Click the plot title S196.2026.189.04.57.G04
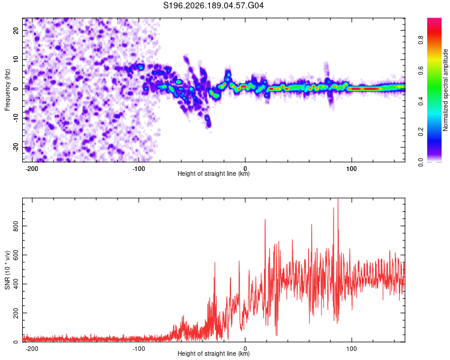coord(213,5)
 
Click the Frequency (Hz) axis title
coord(7,90)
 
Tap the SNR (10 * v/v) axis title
coord(7,270)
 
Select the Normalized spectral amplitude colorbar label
coord(445,90)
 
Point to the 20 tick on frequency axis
coord(16,30)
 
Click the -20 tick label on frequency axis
coord(16,147)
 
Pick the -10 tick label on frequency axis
coord(16,118)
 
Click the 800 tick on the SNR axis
coord(16,226)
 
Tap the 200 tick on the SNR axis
coord(16,313)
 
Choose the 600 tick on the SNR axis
coord(16,255)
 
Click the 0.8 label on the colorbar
coord(421,40)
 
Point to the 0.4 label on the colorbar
coord(421,101)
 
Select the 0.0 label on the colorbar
coord(421,163)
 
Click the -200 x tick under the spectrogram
coord(32,169)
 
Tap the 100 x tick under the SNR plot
coord(351,349)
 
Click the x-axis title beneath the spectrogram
coord(214,173)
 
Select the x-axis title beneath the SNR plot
coord(214,353)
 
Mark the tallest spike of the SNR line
coord(338,199)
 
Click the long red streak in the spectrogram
coord(364,89)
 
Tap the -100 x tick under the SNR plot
coord(139,349)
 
